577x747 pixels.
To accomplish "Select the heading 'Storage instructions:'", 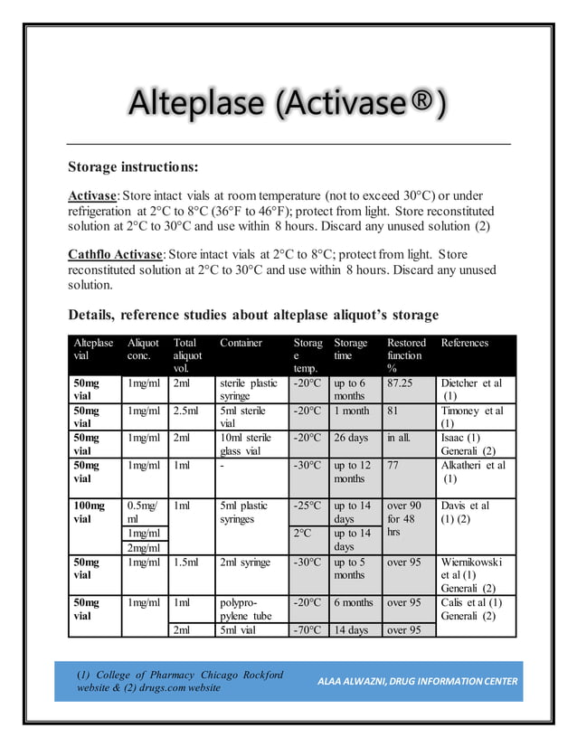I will click(133, 167).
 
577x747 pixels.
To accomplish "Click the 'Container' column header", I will click(241, 343).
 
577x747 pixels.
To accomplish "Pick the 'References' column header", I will click(464, 343).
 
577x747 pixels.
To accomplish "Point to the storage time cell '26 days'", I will click(351, 437).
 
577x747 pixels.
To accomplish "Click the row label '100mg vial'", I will click(90, 512).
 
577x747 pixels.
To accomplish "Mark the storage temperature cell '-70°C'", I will click(307, 629).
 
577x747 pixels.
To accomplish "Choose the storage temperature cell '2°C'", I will click(304, 533).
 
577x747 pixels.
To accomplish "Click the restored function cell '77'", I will click(394, 465).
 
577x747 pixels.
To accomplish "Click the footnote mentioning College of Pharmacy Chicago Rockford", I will click(180, 681).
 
